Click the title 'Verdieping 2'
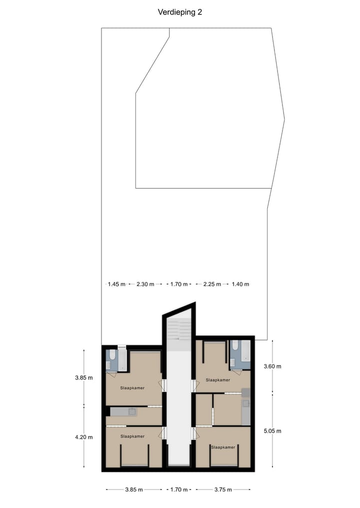180,12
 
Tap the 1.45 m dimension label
116,284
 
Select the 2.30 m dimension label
145,284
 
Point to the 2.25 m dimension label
208,284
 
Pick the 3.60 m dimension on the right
272,366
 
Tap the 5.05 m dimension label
272,431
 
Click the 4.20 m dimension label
84,437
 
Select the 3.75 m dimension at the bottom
223,490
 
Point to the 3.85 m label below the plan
134,490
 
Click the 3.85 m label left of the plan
84,378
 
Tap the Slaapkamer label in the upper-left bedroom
132,388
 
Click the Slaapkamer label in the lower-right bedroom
223,447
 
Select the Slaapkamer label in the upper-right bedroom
218,380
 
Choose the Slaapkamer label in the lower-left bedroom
132,436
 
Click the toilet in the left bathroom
112,356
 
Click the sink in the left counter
132,412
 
